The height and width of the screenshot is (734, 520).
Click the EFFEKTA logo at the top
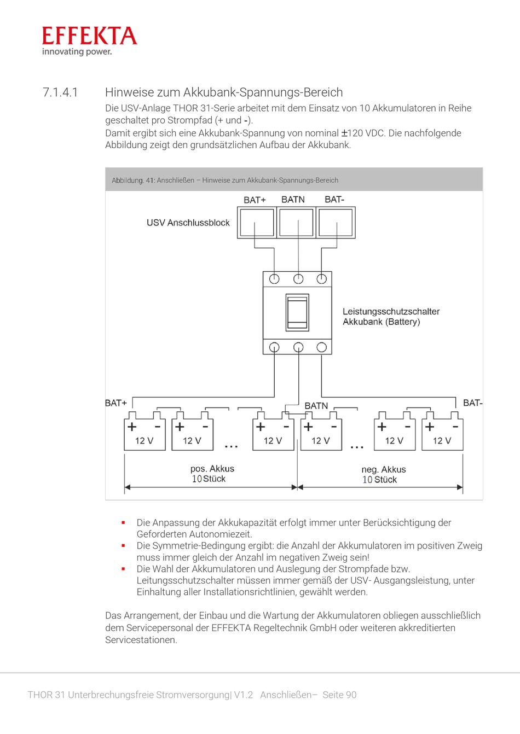(x=89, y=41)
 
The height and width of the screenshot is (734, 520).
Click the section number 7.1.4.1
(x=60, y=92)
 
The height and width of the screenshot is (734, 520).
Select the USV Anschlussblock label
(x=188, y=223)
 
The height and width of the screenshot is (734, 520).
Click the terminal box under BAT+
(x=257, y=222)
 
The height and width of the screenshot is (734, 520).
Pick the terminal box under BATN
(x=296, y=222)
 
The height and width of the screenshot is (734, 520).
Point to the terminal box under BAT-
(x=336, y=222)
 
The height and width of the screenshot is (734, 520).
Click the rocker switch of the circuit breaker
(x=297, y=312)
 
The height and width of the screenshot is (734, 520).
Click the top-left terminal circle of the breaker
(x=274, y=279)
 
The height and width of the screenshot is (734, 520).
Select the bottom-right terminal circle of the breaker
(x=321, y=347)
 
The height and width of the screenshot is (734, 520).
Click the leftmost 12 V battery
(x=145, y=435)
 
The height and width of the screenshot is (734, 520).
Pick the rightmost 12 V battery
(x=442, y=435)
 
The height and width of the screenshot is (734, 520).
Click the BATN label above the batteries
(x=316, y=406)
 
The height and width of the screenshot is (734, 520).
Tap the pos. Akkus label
(x=212, y=469)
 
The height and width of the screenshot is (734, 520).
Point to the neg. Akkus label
(x=383, y=469)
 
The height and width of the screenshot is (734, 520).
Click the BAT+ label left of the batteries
(x=115, y=403)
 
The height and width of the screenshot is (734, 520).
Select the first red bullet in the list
(x=124, y=523)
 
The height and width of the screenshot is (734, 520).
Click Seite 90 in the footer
(x=339, y=695)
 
